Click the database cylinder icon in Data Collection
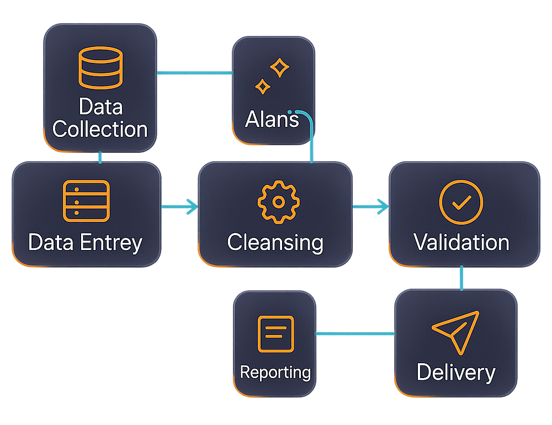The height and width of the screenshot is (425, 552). (x=100, y=67)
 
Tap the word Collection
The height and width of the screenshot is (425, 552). (x=100, y=129)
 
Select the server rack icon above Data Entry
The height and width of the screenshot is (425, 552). (x=87, y=201)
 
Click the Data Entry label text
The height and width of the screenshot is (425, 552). (x=86, y=242)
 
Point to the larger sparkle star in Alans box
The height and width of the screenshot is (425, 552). (x=280, y=68)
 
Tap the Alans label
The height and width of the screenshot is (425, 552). (x=272, y=119)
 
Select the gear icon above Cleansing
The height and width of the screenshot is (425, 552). (x=278, y=202)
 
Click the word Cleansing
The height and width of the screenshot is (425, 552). (x=275, y=242)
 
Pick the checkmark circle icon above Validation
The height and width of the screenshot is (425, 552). (x=461, y=202)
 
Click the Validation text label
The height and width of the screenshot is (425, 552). (x=461, y=242)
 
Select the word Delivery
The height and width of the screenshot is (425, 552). (x=456, y=372)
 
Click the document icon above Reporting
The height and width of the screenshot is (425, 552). (x=276, y=333)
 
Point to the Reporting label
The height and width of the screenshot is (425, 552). (x=275, y=372)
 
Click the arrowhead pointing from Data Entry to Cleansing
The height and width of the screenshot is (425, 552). (x=193, y=207)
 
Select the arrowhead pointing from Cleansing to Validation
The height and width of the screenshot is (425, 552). (x=383, y=207)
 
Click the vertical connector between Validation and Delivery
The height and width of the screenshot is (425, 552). (x=461, y=278)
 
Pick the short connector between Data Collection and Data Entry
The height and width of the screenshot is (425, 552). (x=100, y=157)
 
